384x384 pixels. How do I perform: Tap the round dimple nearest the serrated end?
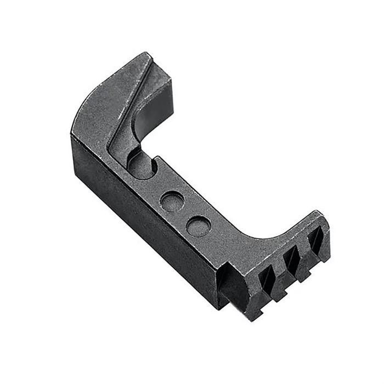pyautogui.click(x=198, y=225)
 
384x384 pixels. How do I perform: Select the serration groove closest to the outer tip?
pyautogui.click(x=315, y=240)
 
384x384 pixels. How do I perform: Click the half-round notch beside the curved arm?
pyautogui.click(x=142, y=165)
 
